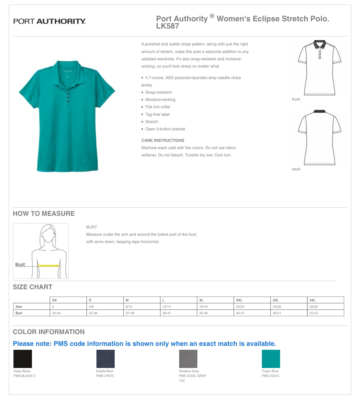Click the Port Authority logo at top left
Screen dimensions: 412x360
[x=49, y=21]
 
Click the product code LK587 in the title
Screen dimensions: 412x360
[x=167, y=26]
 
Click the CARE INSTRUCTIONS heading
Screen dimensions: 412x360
[x=163, y=140]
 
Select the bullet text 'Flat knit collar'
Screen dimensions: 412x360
[x=158, y=107]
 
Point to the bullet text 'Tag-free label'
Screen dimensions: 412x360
[x=157, y=114]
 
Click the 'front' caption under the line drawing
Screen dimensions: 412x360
[x=296, y=99]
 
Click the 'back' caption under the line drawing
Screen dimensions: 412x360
[x=296, y=169]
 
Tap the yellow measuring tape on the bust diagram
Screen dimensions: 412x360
[x=49, y=265]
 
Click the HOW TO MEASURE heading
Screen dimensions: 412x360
[x=44, y=214]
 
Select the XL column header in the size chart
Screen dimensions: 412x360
[x=201, y=300]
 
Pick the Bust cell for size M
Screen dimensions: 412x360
[x=130, y=313]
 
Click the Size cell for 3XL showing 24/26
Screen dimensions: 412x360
[x=277, y=307]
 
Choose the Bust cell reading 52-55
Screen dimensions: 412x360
[x=313, y=313]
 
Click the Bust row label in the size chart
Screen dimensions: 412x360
[x=19, y=313]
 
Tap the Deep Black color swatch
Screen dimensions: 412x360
[x=23, y=359]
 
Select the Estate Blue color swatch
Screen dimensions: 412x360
[x=105, y=359]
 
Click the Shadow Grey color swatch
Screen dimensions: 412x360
[x=188, y=359]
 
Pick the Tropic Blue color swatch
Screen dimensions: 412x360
[x=271, y=359]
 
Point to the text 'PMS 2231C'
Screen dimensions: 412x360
[x=271, y=376]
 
